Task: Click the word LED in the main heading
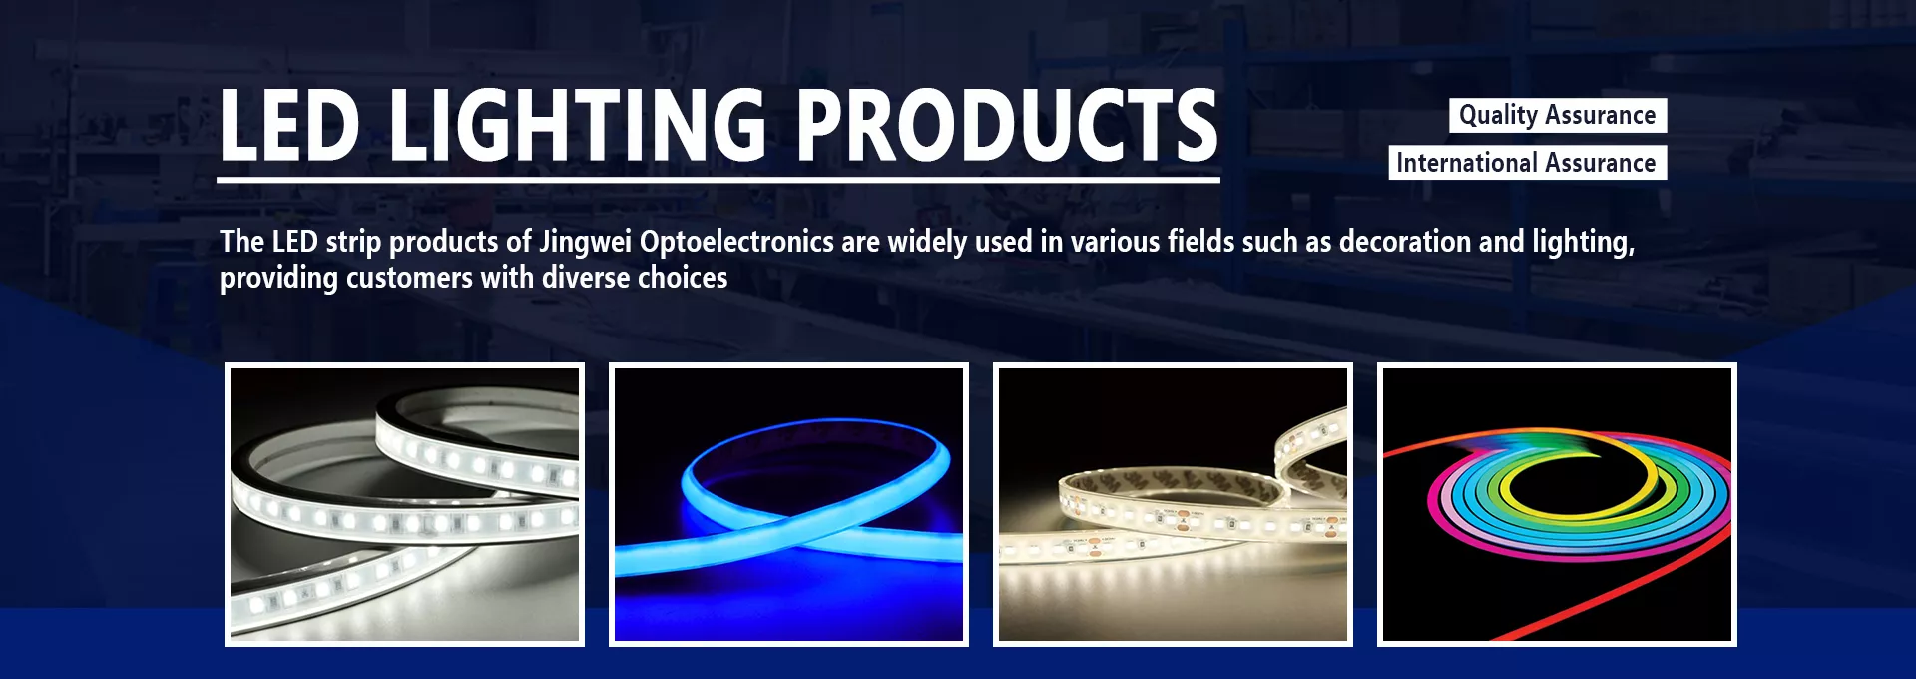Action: pyautogui.click(x=289, y=125)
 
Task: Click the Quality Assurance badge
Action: pyautogui.click(x=1558, y=115)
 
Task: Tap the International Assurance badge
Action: pyautogui.click(x=1527, y=163)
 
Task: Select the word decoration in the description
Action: pyautogui.click(x=1404, y=242)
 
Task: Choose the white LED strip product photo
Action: pyautogui.click(x=404, y=504)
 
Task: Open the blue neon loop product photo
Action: pyautogui.click(x=788, y=504)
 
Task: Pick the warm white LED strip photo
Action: pyautogui.click(x=1173, y=504)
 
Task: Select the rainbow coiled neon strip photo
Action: pyautogui.click(x=1557, y=504)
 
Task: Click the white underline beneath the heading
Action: pyautogui.click(x=718, y=180)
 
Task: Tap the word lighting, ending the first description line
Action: pyautogui.click(x=1584, y=243)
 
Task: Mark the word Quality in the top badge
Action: pyautogui.click(x=1498, y=116)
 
